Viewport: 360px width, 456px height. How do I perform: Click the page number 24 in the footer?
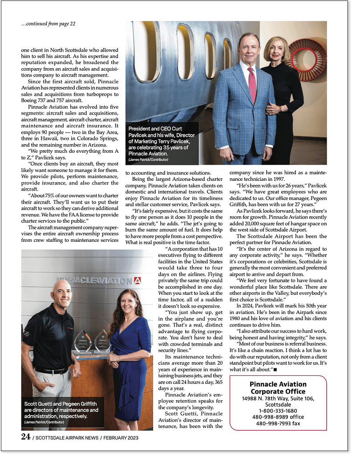pos(25,437)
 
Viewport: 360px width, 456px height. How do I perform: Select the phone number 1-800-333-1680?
pos(278,411)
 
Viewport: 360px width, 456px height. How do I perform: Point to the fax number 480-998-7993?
pos(278,423)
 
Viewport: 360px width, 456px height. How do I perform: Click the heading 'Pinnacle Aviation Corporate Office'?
pos(278,388)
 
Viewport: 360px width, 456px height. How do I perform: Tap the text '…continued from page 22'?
pos(48,24)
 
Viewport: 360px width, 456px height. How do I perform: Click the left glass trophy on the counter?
pos(83,342)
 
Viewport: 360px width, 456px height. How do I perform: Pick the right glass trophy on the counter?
pos(102,341)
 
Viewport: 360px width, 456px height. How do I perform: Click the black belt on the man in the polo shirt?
pos(52,370)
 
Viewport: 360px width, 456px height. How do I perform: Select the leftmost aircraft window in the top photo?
pos(146,51)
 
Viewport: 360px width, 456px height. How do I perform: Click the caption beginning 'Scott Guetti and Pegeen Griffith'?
pos(61,409)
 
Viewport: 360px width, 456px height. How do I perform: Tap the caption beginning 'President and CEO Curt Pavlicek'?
pos(161,141)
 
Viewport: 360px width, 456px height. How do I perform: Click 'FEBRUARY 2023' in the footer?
pos(121,438)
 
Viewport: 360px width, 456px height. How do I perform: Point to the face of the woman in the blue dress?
pos(128,303)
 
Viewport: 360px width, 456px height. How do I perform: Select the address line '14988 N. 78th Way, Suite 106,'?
pos(278,398)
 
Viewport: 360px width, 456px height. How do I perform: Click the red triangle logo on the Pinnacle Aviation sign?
pos(138,281)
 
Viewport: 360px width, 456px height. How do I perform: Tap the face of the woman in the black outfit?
pos(276,50)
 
